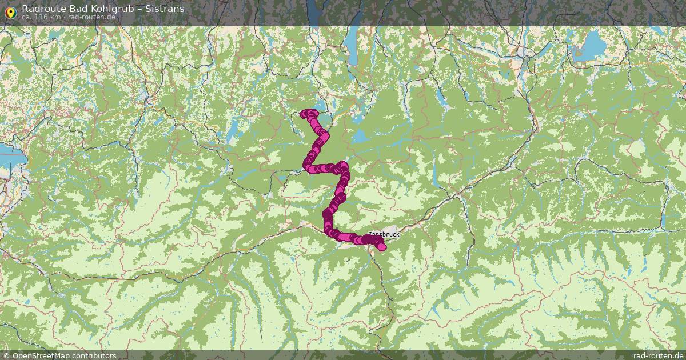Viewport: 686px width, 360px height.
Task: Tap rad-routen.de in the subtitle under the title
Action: point(92,17)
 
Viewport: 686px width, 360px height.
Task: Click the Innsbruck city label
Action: point(384,234)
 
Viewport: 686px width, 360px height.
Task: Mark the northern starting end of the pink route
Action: point(305,114)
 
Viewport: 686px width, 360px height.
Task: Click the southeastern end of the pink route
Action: point(382,246)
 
